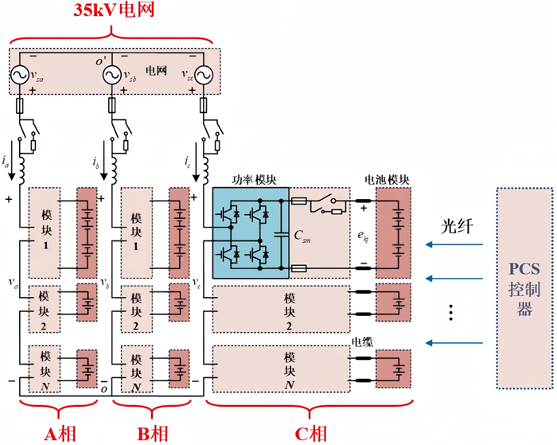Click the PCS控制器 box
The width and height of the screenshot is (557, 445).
524,288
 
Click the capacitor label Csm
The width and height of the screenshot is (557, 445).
302,236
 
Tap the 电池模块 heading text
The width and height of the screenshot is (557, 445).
387,180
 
